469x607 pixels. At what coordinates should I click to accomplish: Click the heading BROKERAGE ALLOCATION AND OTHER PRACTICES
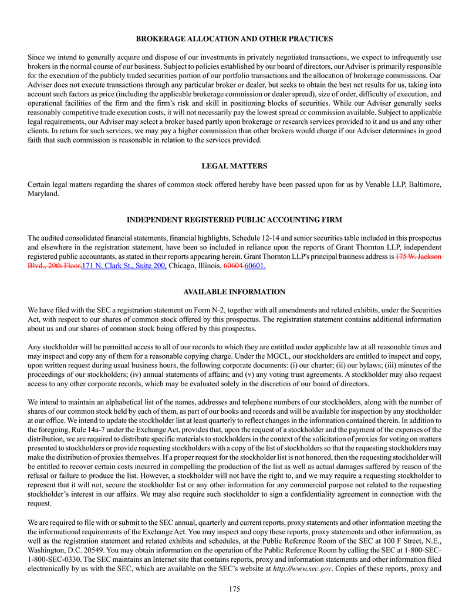point(234,39)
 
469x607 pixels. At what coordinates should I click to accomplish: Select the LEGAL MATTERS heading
point(234,166)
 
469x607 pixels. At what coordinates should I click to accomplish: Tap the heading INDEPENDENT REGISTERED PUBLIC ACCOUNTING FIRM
point(234,220)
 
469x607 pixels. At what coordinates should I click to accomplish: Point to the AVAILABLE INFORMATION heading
point(234,292)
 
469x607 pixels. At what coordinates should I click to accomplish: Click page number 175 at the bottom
point(234,590)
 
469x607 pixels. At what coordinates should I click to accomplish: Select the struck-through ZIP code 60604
point(233,266)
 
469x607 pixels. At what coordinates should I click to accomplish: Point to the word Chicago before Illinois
point(184,266)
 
